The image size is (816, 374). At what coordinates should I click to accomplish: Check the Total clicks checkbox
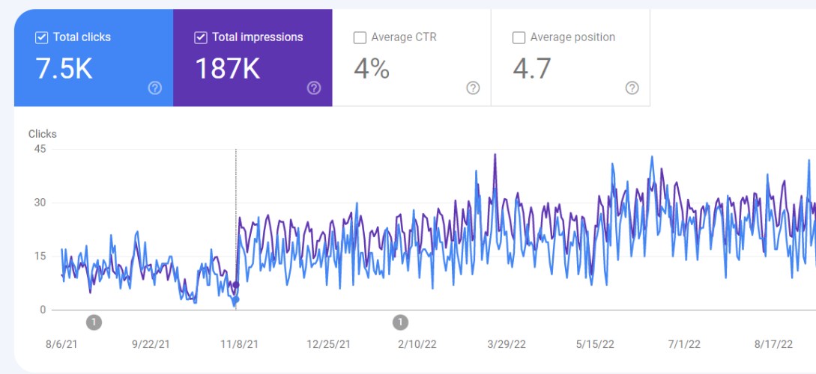[x=42, y=37]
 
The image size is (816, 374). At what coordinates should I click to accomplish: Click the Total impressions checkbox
[x=201, y=37]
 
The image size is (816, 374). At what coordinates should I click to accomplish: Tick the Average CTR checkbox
[x=360, y=37]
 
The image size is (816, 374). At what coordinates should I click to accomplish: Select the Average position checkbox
[x=519, y=37]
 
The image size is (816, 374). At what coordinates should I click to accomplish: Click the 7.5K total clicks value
[x=64, y=69]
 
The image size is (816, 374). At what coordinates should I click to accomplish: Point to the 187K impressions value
[x=227, y=69]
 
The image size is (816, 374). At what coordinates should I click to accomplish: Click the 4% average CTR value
[x=372, y=69]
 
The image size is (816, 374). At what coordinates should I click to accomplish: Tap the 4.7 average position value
[x=532, y=69]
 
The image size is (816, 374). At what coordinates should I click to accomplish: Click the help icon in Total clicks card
[x=155, y=88]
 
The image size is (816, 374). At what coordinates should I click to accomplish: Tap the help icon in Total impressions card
[x=314, y=88]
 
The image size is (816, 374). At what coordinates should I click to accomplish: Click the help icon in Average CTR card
[x=473, y=88]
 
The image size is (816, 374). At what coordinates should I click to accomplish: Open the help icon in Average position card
[x=632, y=88]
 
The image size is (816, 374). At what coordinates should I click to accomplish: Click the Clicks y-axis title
[x=43, y=134]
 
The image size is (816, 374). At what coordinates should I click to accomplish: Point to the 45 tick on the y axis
[x=40, y=149]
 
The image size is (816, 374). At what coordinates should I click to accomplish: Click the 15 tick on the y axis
[x=40, y=256]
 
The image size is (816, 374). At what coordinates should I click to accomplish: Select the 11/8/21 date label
[x=240, y=344]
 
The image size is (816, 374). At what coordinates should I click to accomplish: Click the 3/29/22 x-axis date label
[x=507, y=344]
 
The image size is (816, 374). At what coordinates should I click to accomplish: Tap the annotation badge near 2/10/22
[x=401, y=322]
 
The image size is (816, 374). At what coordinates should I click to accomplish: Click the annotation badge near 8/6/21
[x=94, y=322]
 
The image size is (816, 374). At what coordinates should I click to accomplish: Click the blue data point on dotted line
[x=235, y=300]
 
